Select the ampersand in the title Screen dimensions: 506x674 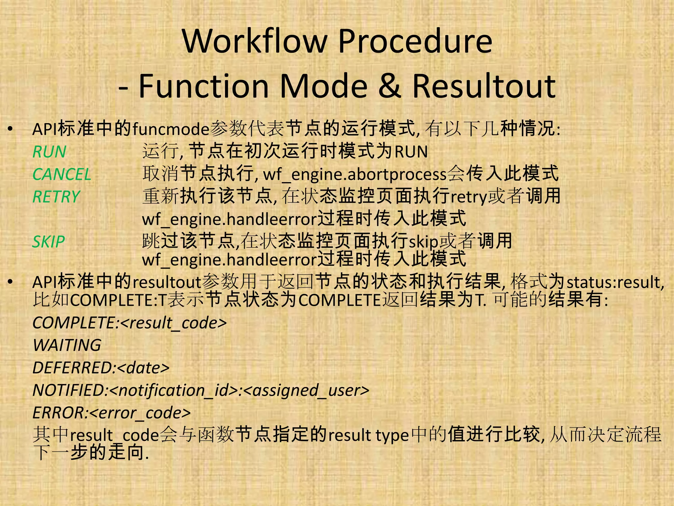click(x=390, y=86)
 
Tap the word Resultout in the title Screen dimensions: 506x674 click(x=484, y=86)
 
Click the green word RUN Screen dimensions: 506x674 click(x=49, y=152)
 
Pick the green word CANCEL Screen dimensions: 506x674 click(x=62, y=174)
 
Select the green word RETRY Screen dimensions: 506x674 click(x=56, y=197)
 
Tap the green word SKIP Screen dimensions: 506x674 click(x=49, y=242)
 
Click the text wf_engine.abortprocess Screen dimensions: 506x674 click(x=355, y=174)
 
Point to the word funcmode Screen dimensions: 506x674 click(x=171, y=129)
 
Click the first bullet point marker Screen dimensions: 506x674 click(x=11, y=129)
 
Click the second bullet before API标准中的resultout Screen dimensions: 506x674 click(x=11, y=282)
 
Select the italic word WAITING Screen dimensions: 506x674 click(x=67, y=345)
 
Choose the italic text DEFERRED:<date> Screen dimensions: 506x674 click(x=101, y=368)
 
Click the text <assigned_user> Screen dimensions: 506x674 click(x=306, y=390)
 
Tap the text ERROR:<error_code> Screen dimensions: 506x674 click(x=112, y=413)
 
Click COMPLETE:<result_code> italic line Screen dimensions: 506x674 click(x=130, y=323)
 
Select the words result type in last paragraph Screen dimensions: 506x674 click(x=369, y=436)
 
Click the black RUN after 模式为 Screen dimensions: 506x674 click(x=411, y=152)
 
